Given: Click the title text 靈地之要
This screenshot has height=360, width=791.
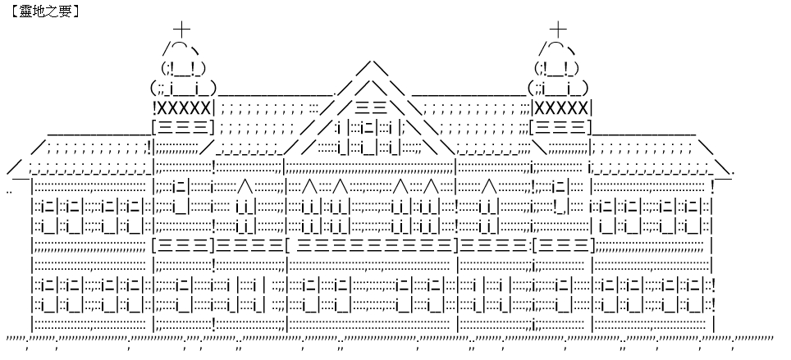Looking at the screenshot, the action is tap(45, 11).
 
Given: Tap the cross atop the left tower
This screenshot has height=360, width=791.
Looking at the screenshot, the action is tap(181, 30).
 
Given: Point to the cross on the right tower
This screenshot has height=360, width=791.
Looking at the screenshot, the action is tap(558, 30).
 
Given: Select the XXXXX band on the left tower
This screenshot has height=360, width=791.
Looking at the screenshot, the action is tap(183, 108).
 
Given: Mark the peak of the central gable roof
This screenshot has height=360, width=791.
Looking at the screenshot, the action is tap(372, 61).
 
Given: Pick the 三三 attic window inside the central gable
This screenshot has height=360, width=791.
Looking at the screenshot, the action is tap(371, 108).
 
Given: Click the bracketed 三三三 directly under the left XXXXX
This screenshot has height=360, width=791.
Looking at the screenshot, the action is tap(183, 126).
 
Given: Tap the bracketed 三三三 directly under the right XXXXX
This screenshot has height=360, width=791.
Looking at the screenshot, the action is tap(560, 126).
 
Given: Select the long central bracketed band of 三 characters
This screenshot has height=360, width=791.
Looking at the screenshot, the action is tap(372, 246).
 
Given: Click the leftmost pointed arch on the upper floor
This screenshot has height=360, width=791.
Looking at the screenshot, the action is tap(245, 186).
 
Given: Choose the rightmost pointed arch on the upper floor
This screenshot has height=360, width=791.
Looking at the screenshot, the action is tap(489, 186).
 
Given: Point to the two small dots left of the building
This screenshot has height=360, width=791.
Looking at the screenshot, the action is tap(10, 192).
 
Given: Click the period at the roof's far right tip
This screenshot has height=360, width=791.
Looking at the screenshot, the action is tap(733, 173).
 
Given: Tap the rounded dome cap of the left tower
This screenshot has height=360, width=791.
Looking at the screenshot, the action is tap(181, 48).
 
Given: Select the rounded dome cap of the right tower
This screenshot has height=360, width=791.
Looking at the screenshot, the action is tap(557, 48).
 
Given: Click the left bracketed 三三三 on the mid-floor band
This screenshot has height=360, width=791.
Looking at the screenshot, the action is tap(183, 246).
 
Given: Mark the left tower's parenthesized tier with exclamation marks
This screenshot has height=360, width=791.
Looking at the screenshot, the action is tap(183, 68).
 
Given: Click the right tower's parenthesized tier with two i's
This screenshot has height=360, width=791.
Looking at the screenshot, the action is tap(559, 89).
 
